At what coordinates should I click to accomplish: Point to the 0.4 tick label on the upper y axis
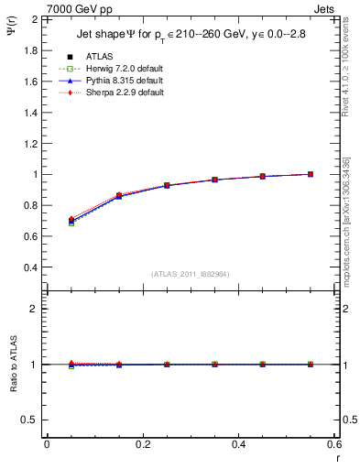click(31, 267)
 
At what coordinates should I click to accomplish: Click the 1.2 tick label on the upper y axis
click(31, 143)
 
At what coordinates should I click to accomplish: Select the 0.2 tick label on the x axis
click(143, 445)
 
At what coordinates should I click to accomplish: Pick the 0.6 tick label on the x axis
click(335, 445)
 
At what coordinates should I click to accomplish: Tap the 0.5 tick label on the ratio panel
click(31, 420)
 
